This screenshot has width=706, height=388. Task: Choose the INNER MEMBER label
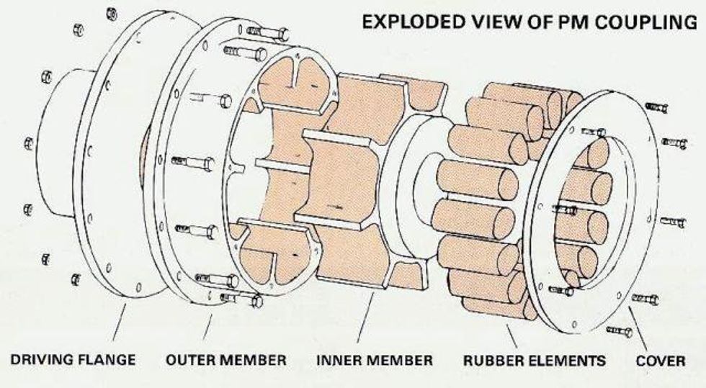pos(375,358)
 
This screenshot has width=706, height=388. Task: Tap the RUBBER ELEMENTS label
pos(535,358)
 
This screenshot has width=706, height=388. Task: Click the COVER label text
pos(661,358)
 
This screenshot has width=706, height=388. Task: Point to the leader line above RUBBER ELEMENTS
pos(512,332)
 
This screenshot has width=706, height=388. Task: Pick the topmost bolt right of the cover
pos(656,108)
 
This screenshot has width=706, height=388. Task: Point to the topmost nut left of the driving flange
pos(111,14)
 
